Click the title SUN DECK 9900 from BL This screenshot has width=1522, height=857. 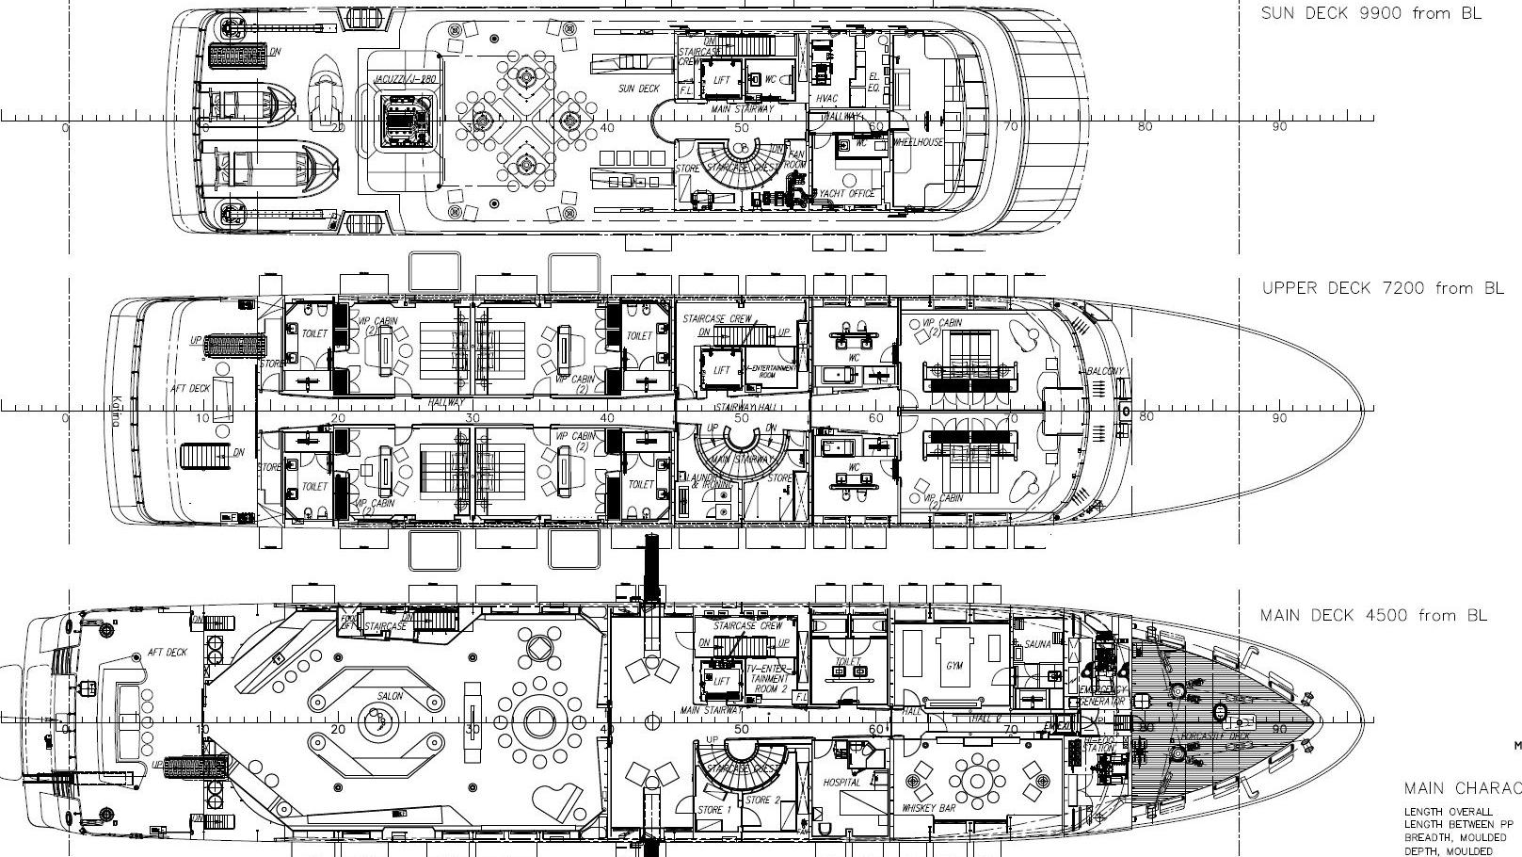click(1370, 13)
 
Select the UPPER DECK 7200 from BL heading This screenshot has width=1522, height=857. click(1382, 288)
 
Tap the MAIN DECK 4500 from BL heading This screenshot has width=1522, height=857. click(1373, 616)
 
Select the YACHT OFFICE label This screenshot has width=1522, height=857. click(847, 193)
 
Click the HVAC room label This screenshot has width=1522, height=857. click(827, 98)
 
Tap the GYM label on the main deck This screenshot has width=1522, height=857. click(954, 666)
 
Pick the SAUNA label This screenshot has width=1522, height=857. click(1037, 645)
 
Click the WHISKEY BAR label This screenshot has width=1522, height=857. click(929, 808)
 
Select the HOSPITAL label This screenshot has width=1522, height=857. click(841, 783)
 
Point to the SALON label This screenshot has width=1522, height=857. click(390, 696)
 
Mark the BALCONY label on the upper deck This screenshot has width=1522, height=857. click(1105, 371)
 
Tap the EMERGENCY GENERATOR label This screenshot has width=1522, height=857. click(1103, 695)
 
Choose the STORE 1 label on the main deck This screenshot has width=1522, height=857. click(713, 809)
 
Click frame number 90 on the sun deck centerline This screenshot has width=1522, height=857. click(1278, 127)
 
